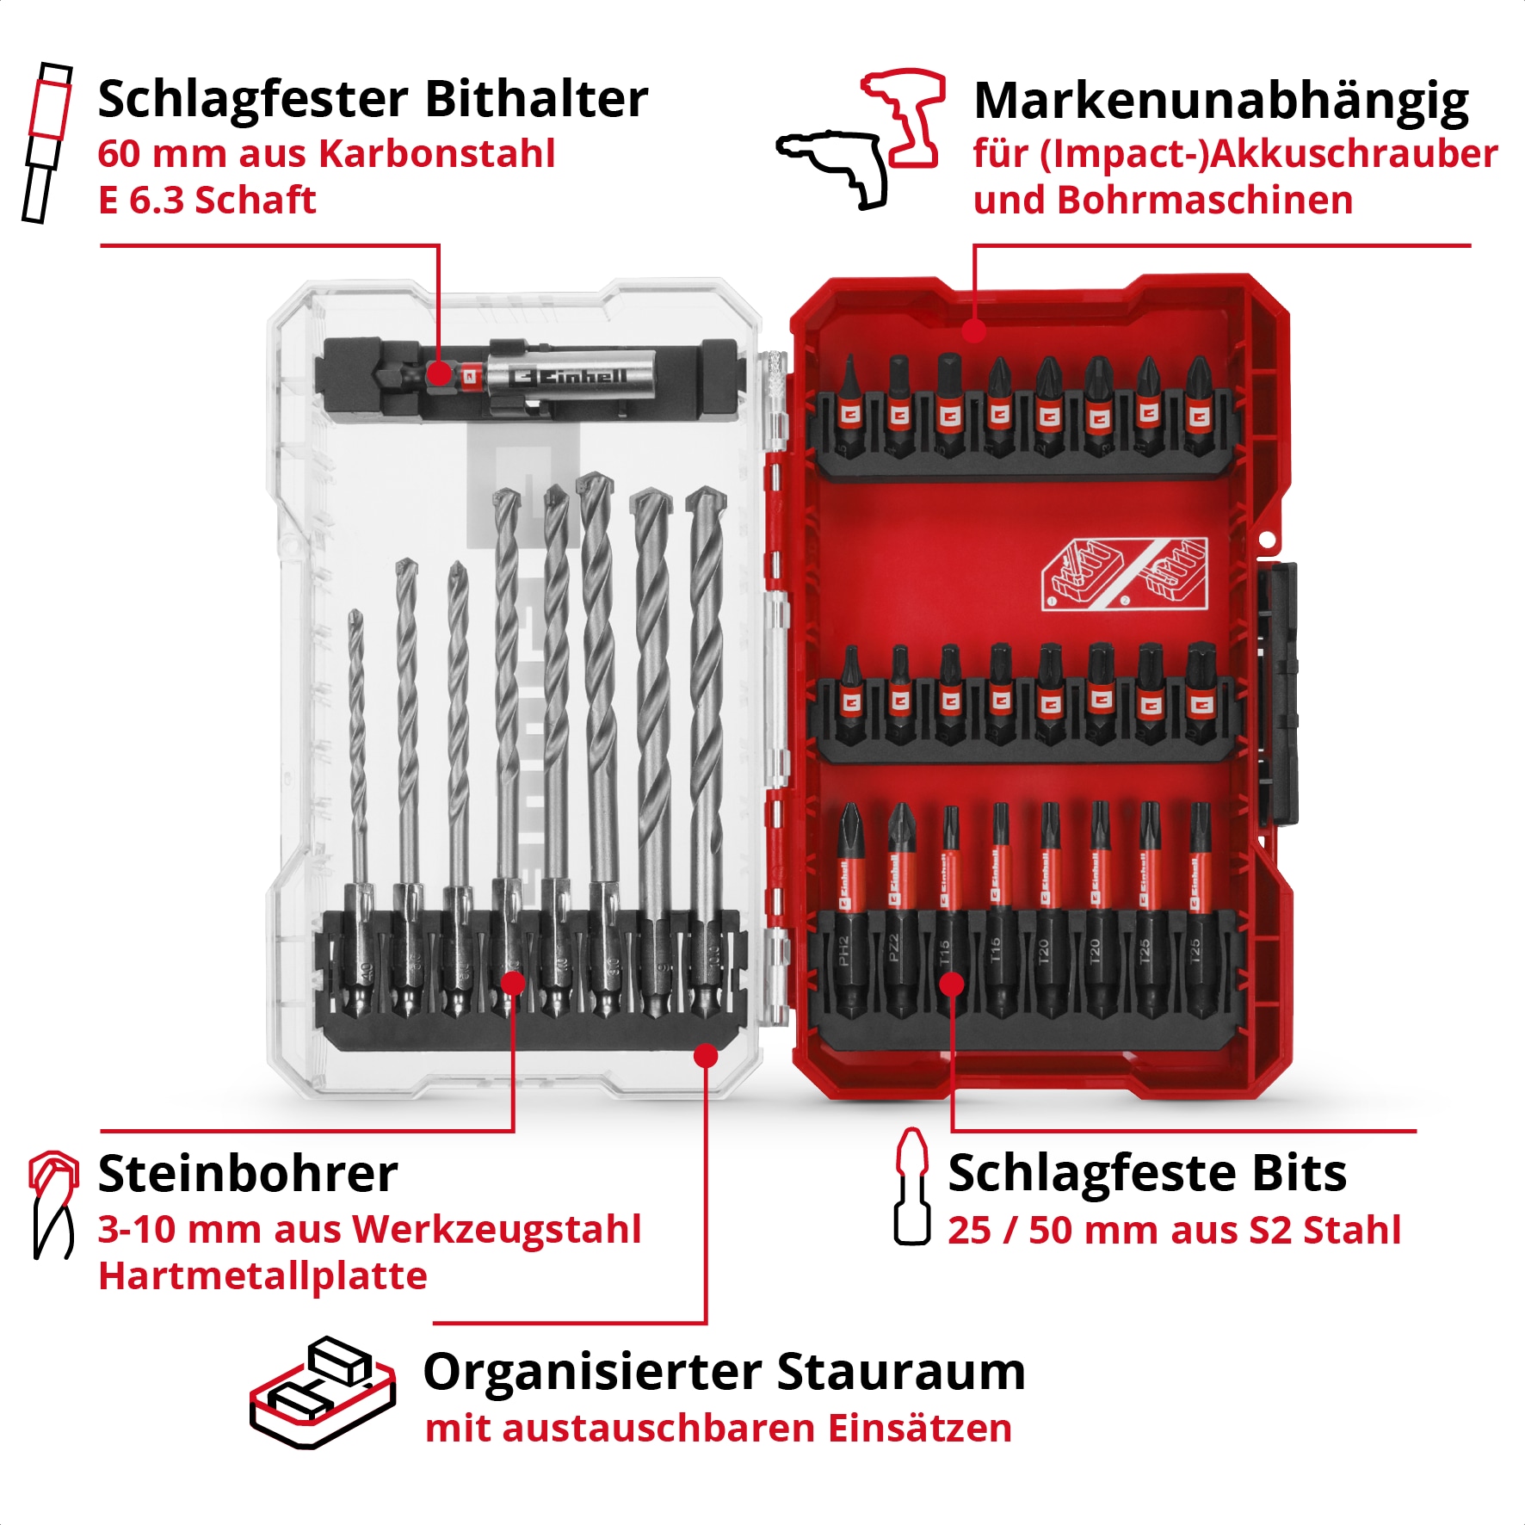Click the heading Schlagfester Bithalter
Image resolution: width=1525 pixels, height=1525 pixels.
(x=372, y=99)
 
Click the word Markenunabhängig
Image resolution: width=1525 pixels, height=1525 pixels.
(x=1220, y=102)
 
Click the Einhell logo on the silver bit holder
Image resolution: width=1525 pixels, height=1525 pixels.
(x=568, y=376)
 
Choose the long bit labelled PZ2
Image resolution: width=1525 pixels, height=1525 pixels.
(x=900, y=912)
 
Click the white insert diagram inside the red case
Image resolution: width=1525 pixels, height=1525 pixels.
(x=1124, y=574)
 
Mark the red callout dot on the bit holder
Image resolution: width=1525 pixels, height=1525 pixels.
(x=439, y=374)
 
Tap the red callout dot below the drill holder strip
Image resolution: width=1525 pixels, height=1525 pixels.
(x=706, y=1055)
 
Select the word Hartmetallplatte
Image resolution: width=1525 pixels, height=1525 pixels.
(x=262, y=1275)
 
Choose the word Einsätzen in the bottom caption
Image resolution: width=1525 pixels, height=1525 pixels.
(x=919, y=1429)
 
